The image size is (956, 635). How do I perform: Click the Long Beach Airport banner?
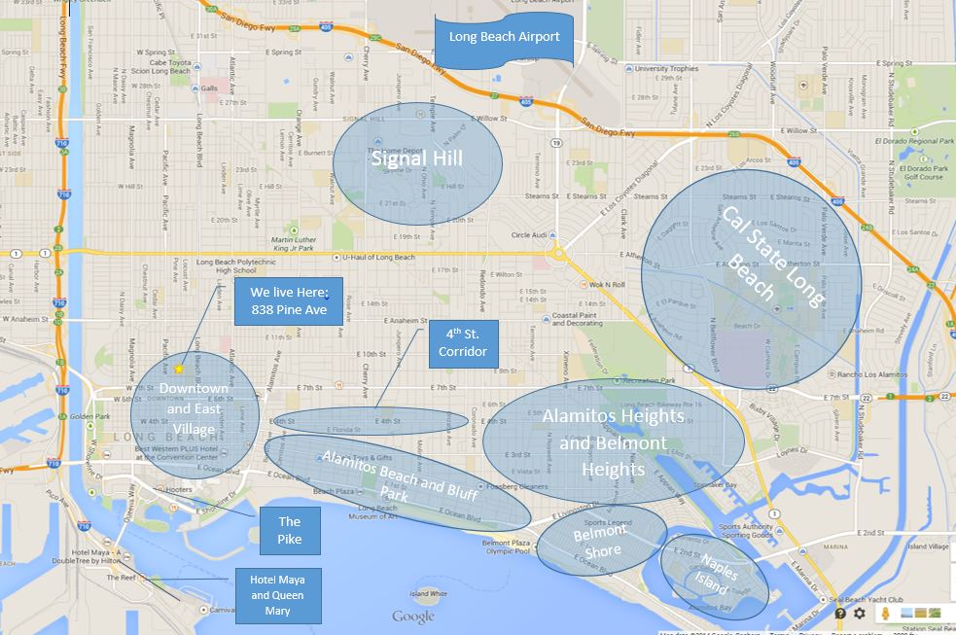(504, 38)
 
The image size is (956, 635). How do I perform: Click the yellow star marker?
(179, 370)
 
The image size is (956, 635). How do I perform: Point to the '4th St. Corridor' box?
(462, 343)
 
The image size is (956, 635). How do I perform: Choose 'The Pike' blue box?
(289, 530)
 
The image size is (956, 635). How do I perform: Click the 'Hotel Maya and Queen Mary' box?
(277, 596)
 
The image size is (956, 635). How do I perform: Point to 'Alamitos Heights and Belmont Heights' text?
(613, 442)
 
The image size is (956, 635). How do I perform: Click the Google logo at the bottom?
(413, 616)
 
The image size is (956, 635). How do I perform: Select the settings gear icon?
(860, 614)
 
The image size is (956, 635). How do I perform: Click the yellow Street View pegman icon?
(885, 614)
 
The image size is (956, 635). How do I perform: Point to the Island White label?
(428, 593)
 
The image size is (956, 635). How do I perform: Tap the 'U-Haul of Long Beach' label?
(378, 258)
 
